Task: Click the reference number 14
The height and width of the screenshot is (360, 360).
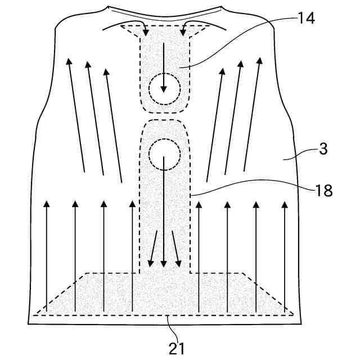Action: coord(307,19)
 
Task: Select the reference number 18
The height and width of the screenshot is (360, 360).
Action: coord(323,190)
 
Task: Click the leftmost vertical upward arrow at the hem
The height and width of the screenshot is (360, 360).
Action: coord(47,253)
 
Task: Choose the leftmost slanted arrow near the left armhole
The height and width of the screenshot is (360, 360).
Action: coord(75,112)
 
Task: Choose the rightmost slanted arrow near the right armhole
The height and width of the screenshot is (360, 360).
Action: coord(253,112)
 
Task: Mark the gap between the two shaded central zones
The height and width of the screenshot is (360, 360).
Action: coord(164,113)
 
